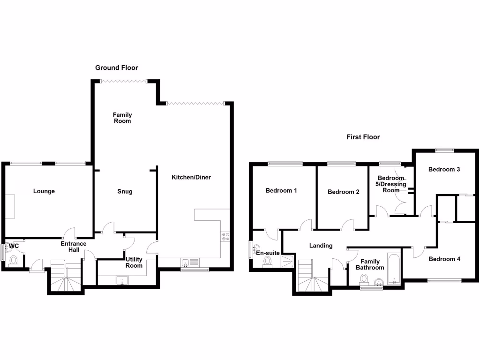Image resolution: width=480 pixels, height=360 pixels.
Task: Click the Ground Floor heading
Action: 117,68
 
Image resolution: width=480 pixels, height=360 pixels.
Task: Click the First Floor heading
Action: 363,137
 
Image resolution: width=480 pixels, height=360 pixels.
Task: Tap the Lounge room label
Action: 44,191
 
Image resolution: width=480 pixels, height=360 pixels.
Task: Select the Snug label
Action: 125,191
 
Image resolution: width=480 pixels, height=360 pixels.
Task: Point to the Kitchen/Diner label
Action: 191,178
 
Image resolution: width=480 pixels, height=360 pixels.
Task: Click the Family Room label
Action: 122,118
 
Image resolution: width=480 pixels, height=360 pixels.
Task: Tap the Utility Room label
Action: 134,262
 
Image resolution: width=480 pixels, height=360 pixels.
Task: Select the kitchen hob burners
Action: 225,236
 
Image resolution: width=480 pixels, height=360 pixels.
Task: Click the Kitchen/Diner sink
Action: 186,262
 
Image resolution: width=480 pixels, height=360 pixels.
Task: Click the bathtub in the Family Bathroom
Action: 393,269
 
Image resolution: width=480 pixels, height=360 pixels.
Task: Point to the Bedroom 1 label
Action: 281,191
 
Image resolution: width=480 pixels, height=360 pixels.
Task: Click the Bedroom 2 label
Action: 344,192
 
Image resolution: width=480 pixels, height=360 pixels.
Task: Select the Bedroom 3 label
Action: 444,170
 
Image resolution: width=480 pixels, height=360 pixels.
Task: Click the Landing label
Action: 321,246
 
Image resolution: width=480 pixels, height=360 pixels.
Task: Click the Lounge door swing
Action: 69,232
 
